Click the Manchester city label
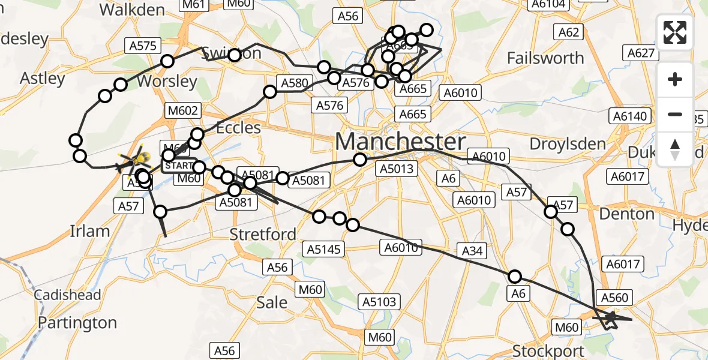[x=400, y=142]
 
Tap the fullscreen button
[x=675, y=32]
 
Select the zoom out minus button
[x=675, y=114]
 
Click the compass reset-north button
[x=675, y=149]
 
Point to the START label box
[x=179, y=165]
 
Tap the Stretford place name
[x=263, y=234]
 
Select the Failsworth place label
[x=545, y=58]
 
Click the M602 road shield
[x=185, y=110]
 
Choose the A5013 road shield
[x=397, y=169]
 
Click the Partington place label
[x=77, y=323]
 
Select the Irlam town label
[x=90, y=231]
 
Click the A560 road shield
[x=614, y=298]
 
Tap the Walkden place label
[x=132, y=10]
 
